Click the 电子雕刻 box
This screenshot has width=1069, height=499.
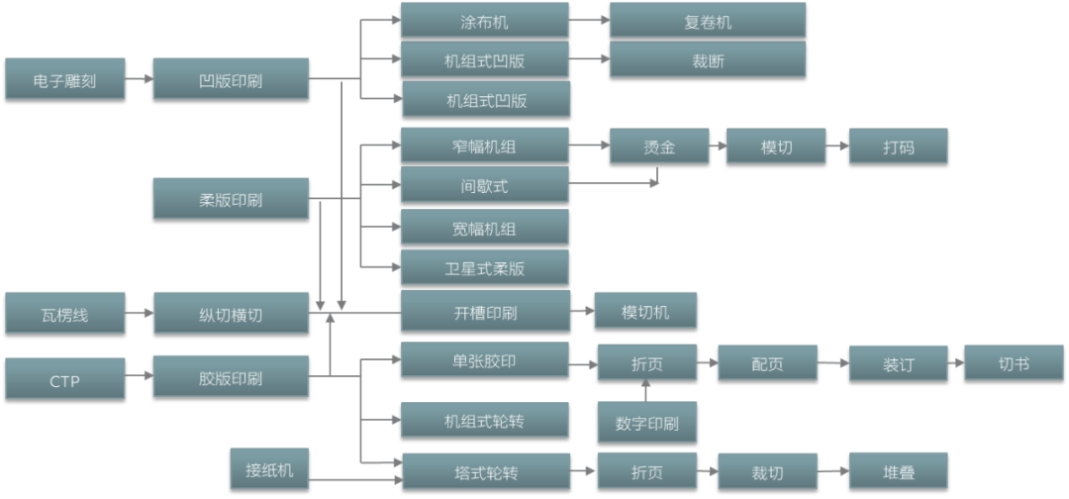(x=64, y=79)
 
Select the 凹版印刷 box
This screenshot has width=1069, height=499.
(x=231, y=79)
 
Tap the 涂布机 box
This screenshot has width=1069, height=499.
(x=484, y=20)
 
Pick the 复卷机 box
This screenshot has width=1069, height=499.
(x=707, y=20)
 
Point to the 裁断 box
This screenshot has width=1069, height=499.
(x=707, y=59)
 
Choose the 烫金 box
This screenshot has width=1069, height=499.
(x=658, y=147)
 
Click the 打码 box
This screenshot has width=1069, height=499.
(x=898, y=147)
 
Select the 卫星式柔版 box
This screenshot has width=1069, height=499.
(x=484, y=267)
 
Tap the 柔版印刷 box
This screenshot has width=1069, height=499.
(x=231, y=198)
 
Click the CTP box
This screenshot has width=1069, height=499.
(x=64, y=378)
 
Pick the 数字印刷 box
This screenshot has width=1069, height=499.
(x=646, y=423)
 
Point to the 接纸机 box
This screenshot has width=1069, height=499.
(x=269, y=468)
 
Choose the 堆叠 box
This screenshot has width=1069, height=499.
(x=898, y=471)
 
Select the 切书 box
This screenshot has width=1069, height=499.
(x=1014, y=362)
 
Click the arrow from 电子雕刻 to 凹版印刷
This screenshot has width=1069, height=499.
(x=139, y=79)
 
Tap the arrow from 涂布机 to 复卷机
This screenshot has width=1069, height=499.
(x=589, y=20)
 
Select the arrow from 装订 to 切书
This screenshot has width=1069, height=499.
(x=955, y=363)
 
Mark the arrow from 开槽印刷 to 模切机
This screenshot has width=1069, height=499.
(x=582, y=313)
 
